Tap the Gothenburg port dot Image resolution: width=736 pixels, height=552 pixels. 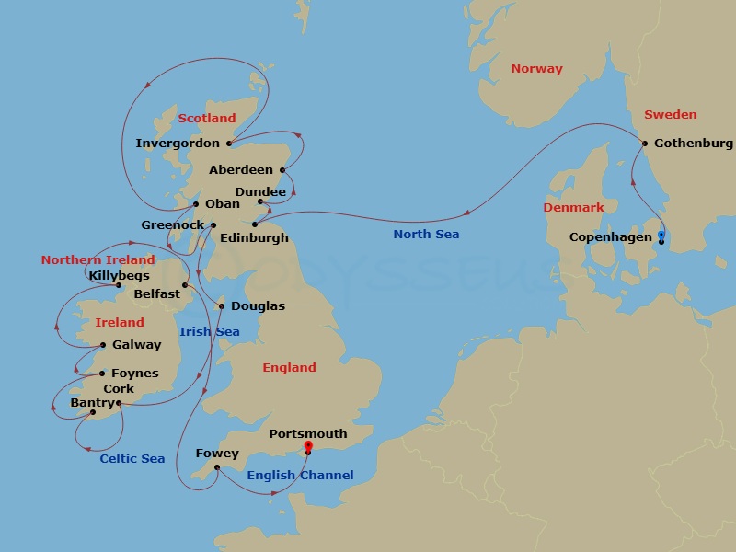645,144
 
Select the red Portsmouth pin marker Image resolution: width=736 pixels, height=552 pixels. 308,446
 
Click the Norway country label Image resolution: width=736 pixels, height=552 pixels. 536,69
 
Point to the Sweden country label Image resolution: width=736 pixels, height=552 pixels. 670,115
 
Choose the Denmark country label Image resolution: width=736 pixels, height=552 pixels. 573,208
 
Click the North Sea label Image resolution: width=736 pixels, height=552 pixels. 426,235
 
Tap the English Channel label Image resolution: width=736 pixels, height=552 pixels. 300,476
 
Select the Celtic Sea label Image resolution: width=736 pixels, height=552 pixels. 132,459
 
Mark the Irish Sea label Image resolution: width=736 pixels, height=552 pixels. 210,332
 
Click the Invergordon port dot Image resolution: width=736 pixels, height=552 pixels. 228,144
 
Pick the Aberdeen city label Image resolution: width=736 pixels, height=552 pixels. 241,170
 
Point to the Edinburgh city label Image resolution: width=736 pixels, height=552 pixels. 255,238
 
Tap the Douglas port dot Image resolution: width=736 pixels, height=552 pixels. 221,306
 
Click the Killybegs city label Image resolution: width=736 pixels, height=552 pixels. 117,275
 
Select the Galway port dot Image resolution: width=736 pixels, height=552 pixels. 103,346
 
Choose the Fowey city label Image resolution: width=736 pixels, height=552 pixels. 217,454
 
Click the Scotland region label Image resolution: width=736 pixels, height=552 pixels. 207,119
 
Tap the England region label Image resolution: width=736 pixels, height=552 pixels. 289,368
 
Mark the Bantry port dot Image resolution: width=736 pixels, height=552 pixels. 92,412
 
